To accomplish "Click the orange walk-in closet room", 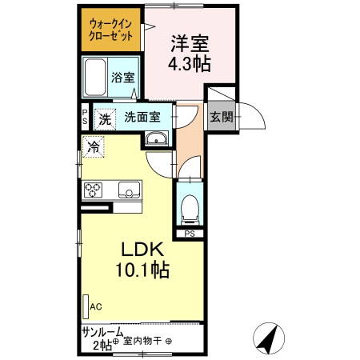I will click(x=111, y=30).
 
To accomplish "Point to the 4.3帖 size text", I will click(x=190, y=64).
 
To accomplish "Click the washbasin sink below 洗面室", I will click(x=156, y=141).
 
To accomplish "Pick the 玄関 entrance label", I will click(x=221, y=117).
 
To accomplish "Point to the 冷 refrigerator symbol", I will click(x=94, y=148).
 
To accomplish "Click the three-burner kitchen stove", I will click(x=94, y=190).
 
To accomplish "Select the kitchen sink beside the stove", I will click(x=129, y=190).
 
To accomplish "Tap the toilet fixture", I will click(x=190, y=210).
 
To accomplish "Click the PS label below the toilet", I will click(x=190, y=234).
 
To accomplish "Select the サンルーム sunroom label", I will click(x=102, y=331).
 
